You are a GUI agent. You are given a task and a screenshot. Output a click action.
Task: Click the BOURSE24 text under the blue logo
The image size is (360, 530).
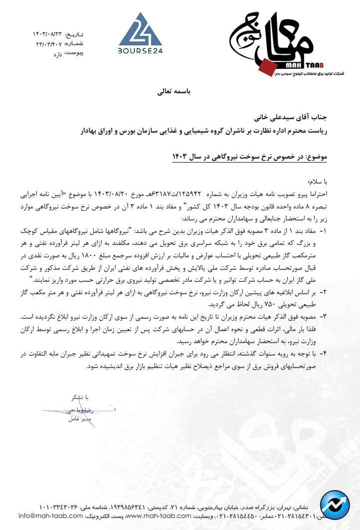[140, 50]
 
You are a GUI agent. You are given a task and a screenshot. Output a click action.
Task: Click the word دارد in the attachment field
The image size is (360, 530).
[58, 52]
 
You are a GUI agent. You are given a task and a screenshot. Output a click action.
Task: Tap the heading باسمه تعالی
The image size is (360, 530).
[178, 92]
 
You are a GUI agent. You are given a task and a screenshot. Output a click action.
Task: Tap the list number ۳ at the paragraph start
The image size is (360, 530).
[323, 316]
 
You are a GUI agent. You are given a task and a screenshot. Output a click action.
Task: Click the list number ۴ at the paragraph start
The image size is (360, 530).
[323, 354]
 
